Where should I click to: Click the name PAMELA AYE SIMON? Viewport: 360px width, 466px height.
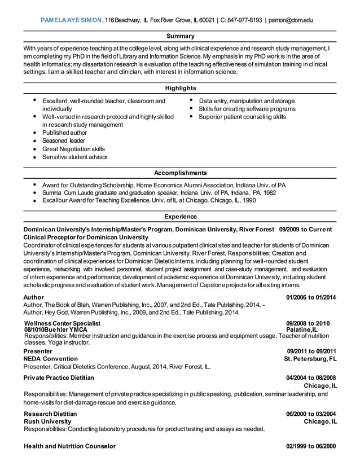pos(71,20)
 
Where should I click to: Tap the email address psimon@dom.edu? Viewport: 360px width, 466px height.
pos(290,20)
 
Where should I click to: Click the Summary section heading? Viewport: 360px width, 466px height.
pos(181,36)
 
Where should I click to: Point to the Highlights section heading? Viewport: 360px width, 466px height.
pos(181,88)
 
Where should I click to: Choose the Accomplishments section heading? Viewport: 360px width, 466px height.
pos(181,173)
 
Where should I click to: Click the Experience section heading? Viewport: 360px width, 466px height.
pos(181,217)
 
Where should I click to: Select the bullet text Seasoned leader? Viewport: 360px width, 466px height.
pos(64,140)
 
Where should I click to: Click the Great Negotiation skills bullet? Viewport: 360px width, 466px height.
pos(73,149)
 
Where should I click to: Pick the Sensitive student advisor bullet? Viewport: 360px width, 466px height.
pos(74,157)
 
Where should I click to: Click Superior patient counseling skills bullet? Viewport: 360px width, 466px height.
pos(242,117)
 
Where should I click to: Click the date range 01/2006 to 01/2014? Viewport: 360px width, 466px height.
pos(311,297)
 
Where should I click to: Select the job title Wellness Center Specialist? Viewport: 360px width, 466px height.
pos(62,323)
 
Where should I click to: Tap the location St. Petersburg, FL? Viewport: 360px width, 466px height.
pos(310,359)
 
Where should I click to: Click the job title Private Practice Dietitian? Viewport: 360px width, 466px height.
pos(59,377)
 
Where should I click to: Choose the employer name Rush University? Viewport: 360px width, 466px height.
pos(47,421)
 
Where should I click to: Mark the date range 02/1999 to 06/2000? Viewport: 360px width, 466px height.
pos(311,446)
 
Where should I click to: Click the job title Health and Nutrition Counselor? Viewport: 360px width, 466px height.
pos(69,446)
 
